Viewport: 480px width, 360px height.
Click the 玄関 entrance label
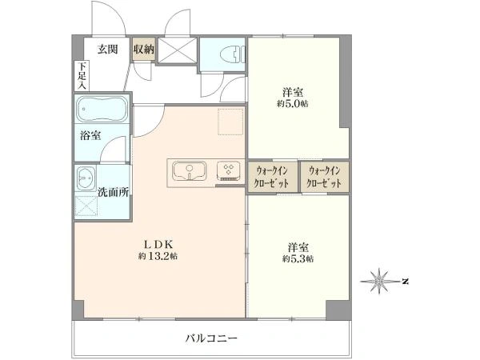(x=108, y=49)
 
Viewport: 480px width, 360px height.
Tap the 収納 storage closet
(x=143, y=49)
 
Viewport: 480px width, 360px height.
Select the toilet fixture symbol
(x=233, y=54)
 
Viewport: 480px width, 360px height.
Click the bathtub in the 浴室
(x=102, y=109)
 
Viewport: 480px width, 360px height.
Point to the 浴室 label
(x=90, y=135)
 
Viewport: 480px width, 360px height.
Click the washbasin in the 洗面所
(x=86, y=178)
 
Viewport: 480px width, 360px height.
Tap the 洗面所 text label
(x=113, y=192)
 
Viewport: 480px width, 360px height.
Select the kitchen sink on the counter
(x=190, y=171)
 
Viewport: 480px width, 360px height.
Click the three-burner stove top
(x=229, y=171)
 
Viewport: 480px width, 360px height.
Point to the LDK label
(x=159, y=244)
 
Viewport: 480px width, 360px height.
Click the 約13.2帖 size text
(x=158, y=256)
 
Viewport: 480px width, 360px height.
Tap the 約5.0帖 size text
(x=293, y=103)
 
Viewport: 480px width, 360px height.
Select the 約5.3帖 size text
(x=298, y=259)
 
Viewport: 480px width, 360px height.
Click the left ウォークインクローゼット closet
(x=273, y=177)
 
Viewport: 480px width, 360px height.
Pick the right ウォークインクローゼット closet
(x=325, y=177)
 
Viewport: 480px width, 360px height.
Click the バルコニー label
(x=211, y=338)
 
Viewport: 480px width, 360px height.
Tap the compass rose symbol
(x=379, y=281)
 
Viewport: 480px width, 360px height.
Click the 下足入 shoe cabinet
(x=82, y=76)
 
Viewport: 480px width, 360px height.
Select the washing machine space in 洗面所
(x=86, y=206)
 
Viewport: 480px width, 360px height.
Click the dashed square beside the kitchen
(x=230, y=122)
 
